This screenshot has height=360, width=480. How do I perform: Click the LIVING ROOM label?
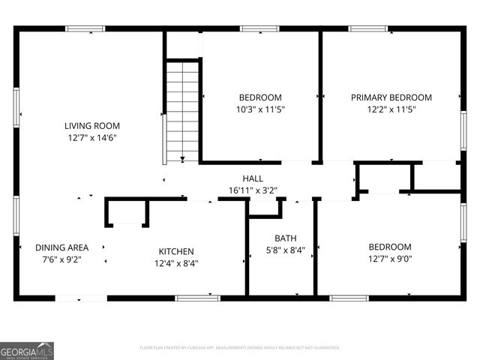pyautogui.click(x=91, y=126)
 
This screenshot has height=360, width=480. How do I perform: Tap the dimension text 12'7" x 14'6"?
pyautogui.click(x=91, y=138)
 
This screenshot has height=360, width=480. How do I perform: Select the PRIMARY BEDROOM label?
pyautogui.click(x=391, y=97)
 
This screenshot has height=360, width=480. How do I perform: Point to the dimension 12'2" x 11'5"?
pyautogui.click(x=391, y=109)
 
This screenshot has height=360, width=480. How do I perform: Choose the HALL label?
pyautogui.click(x=253, y=178)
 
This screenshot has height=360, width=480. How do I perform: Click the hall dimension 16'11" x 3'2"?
pyautogui.click(x=253, y=190)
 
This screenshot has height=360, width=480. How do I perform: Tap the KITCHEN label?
pyautogui.click(x=176, y=251)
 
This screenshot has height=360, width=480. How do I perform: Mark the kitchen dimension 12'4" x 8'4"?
pyautogui.click(x=176, y=263)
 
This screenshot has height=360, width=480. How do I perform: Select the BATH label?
pyautogui.click(x=285, y=238)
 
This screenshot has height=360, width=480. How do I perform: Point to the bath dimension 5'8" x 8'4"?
pyautogui.click(x=285, y=250)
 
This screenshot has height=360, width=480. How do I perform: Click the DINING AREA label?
pyautogui.click(x=62, y=247)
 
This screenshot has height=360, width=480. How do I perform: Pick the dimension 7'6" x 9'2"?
pyautogui.click(x=62, y=259)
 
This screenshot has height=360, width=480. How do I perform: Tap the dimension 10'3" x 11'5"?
pyautogui.click(x=260, y=109)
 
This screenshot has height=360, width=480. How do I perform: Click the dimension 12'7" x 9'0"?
pyautogui.click(x=389, y=259)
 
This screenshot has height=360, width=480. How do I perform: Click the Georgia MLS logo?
pyautogui.click(x=27, y=351)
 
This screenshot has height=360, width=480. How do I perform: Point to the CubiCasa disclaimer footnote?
pyautogui.click(x=240, y=348)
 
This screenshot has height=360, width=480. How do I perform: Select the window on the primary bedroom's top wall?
pyautogui.click(x=368, y=29)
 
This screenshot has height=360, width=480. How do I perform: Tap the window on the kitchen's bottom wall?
pyautogui.click(x=197, y=298)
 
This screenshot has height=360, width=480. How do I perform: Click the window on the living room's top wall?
pyautogui.click(x=84, y=29)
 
